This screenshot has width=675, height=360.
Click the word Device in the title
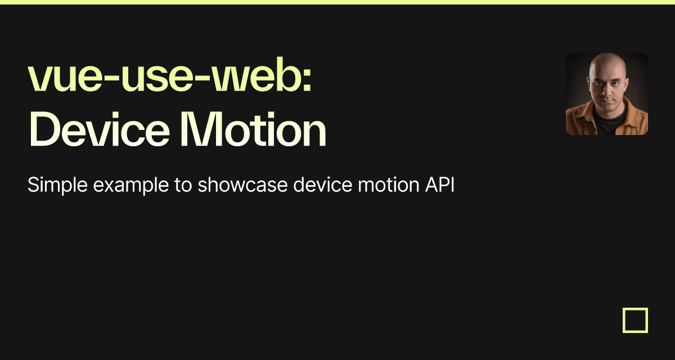point(99,129)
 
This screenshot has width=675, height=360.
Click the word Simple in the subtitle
point(57,185)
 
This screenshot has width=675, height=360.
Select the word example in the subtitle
point(130,185)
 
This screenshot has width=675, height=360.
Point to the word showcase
point(242,184)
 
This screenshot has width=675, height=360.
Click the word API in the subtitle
point(440,184)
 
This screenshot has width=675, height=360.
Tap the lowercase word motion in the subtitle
point(389,184)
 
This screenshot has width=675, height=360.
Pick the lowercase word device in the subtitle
point(323,184)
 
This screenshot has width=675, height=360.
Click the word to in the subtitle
point(183,185)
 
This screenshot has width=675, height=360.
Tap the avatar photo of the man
point(607,94)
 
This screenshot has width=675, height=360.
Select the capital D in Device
point(44,129)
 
